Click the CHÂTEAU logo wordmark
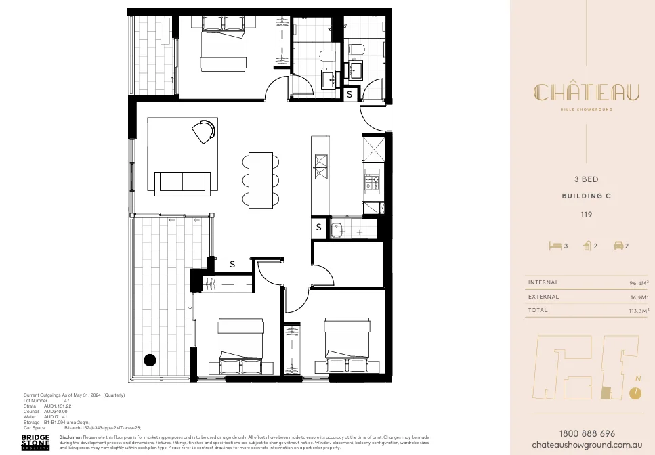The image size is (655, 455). (x=586, y=93)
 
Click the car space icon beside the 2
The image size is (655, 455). (x=618, y=246)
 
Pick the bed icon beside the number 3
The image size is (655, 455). (x=555, y=246)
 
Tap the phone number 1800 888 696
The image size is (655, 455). (x=587, y=433)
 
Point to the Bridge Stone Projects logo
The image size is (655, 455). (x=35, y=442)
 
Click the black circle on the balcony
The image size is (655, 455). (x=150, y=360)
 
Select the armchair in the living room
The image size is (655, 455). (x=205, y=131)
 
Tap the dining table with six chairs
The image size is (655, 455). (x=261, y=179)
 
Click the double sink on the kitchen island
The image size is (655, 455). (x=320, y=166)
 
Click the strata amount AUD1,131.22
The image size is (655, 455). (x=58, y=406)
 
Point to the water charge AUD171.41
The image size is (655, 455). (x=56, y=416)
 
